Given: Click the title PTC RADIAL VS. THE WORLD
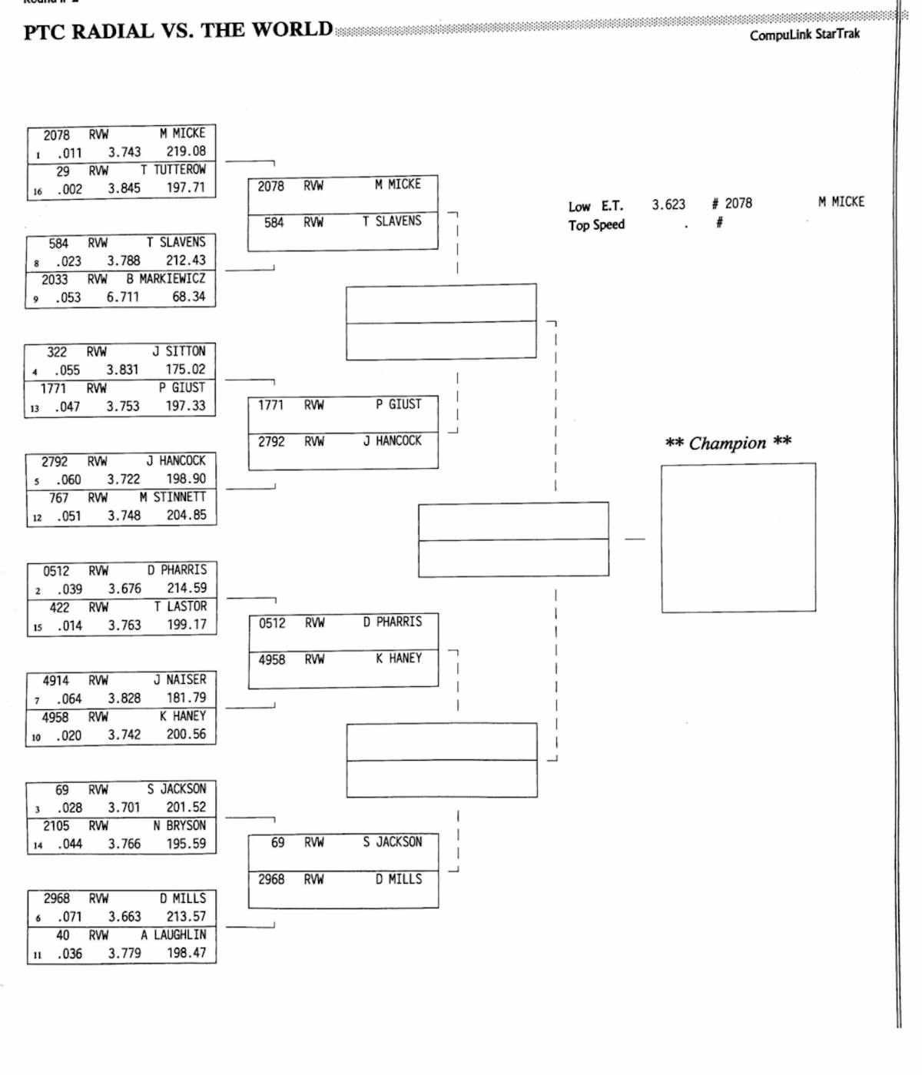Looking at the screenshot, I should coord(178,31).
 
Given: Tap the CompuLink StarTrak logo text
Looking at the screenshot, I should coord(804,35).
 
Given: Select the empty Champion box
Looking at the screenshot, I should coord(738,537).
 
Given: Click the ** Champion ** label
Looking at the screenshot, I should coord(728,443).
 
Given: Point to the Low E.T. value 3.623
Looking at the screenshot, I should coord(668,204).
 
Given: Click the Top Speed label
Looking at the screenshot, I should coord(596,224).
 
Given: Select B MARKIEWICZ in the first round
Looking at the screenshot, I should coord(166,278).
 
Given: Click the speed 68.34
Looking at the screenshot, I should coord(188,297).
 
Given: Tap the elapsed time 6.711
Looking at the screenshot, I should coord(123,297).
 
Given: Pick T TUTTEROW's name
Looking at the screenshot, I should coord(173,169).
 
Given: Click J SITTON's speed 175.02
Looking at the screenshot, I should coord(186,369).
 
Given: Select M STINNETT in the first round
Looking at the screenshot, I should coord(173,497).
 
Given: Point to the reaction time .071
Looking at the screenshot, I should coord(68,917).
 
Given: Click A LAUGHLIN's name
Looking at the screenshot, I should coord(174,934).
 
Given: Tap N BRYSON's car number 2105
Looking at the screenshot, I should coord(56,825).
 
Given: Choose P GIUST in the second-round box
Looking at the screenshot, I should coord(398,404).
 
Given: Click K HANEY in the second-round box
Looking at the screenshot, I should coord(398,659).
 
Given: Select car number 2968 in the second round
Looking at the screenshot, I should coord(271,879).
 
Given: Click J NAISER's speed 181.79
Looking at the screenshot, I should coord(187,698).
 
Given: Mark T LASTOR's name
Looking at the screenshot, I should coord(180,606).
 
